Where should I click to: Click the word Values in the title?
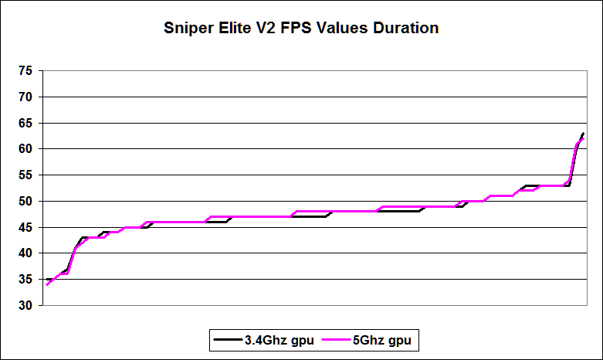pos(347,29)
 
